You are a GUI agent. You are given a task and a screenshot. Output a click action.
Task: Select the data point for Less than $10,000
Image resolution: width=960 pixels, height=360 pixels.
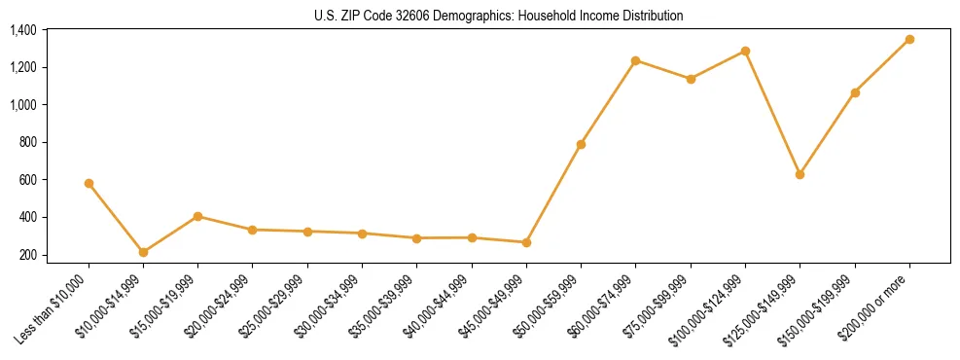pos(89,183)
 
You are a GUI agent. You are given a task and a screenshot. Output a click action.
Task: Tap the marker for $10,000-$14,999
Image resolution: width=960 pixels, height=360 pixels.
pos(143,252)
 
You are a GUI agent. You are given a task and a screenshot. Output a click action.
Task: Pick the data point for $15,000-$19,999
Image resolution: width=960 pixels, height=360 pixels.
pos(197,216)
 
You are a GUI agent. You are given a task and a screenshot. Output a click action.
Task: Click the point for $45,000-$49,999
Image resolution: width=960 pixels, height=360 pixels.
pos(526,242)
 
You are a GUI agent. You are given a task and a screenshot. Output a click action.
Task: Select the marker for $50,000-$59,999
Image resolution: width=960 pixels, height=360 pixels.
pos(581,144)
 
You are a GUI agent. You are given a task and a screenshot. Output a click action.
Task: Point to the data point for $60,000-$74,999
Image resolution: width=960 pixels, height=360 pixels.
pos(635,60)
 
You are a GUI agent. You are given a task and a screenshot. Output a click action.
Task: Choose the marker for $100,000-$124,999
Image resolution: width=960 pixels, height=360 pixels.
pos(745,51)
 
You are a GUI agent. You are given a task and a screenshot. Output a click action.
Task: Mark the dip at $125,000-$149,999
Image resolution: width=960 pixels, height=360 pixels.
pos(800,174)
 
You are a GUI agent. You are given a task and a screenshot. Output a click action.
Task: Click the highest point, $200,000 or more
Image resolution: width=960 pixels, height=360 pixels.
pos(909,39)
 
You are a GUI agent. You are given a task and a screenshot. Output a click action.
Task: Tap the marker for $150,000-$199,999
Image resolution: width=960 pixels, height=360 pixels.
pos(855,92)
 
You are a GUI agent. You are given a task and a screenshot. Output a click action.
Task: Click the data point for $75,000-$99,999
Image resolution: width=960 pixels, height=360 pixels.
pos(691,79)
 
